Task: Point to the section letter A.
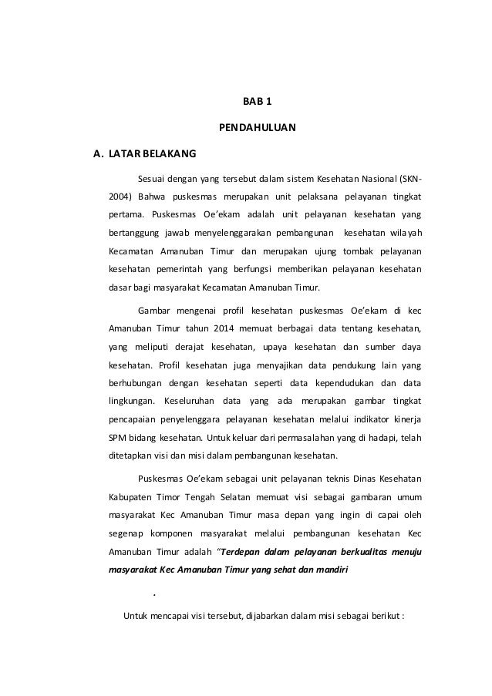(x=97, y=153)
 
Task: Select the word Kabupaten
(x=128, y=496)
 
